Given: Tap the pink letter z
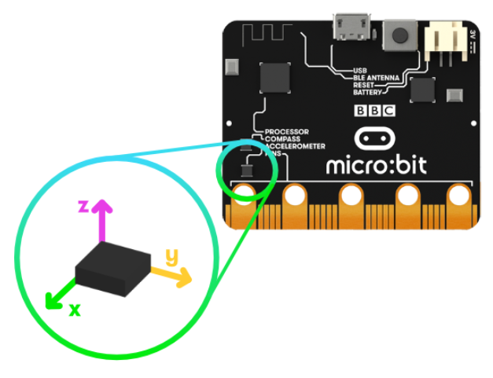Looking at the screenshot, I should (83, 206).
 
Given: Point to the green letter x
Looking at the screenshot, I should (75, 310).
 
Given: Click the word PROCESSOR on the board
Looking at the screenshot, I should (286, 131).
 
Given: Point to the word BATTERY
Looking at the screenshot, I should (367, 92).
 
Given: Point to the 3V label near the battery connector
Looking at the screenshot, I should (471, 36).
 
